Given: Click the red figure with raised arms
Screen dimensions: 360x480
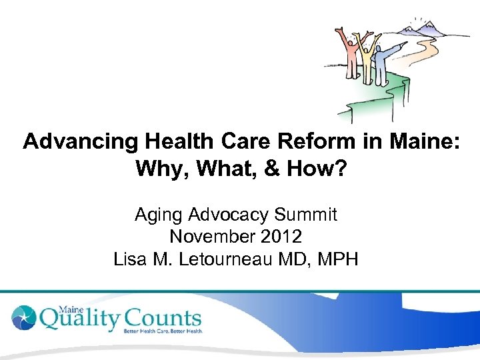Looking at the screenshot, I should (x=346, y=57).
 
